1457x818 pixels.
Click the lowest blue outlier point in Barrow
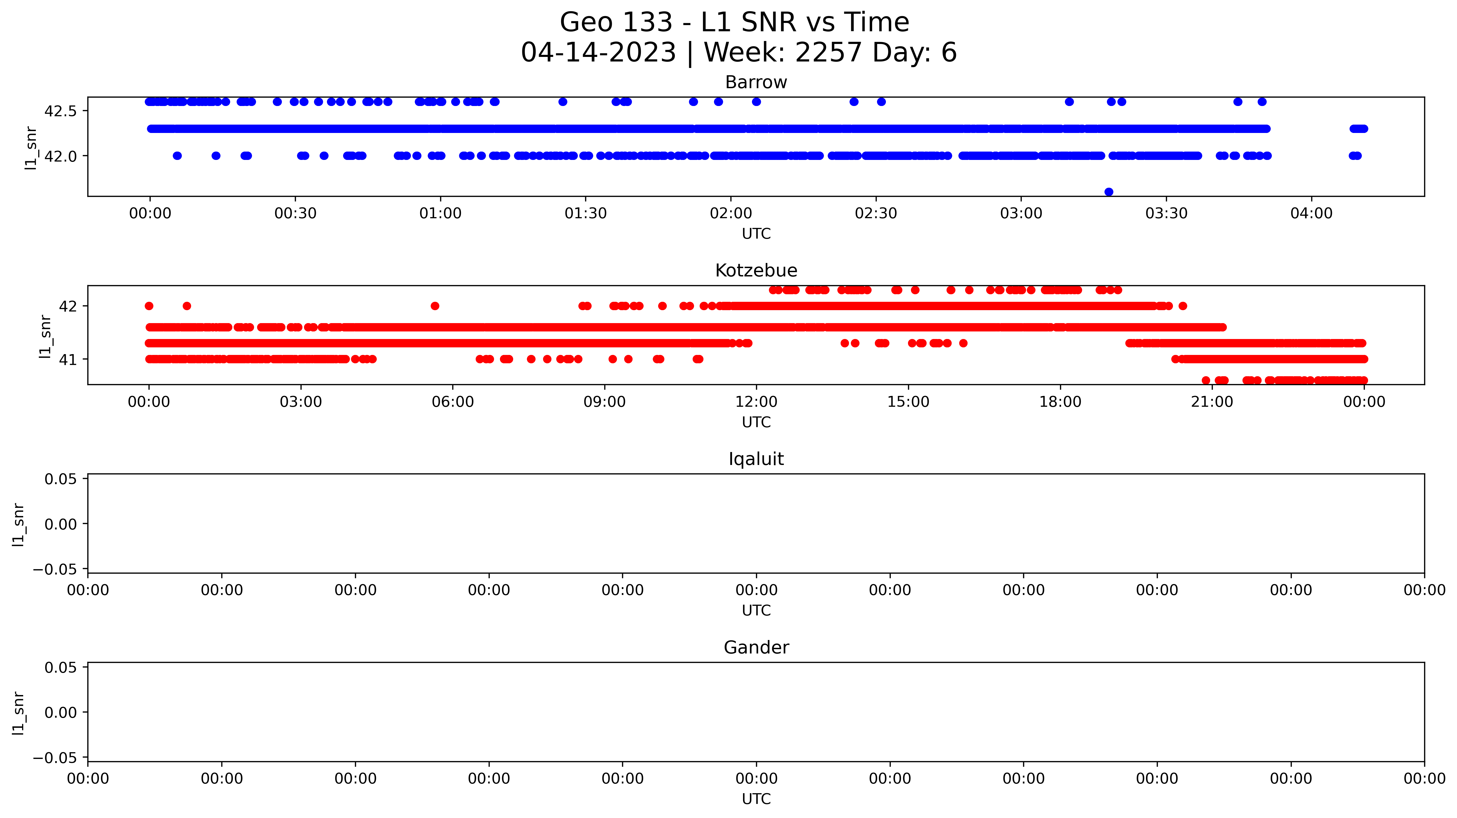tap(1109, 192)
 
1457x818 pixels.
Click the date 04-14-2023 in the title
tap(598, 53)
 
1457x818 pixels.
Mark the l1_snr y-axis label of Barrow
tap(31, 148)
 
